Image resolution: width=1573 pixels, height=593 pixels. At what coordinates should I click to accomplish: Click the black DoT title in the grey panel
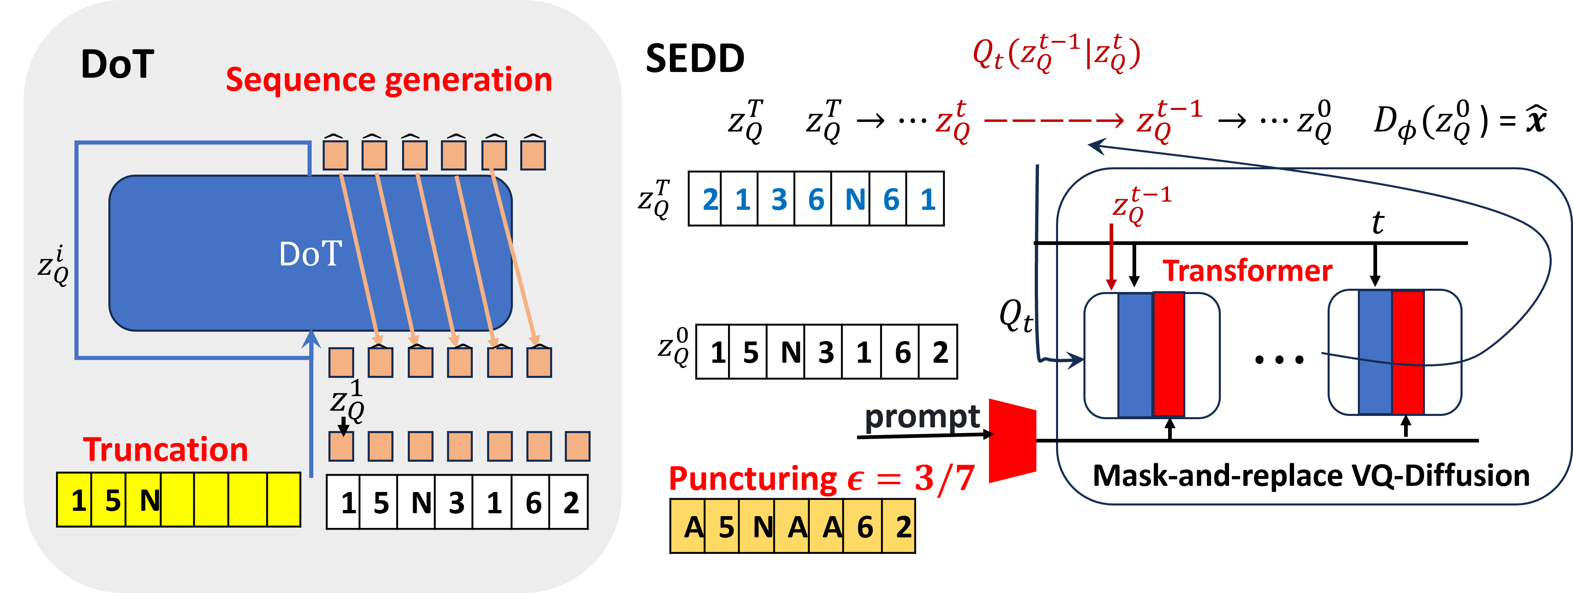click(117, 64)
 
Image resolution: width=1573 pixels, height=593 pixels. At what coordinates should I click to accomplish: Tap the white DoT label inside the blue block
click(310, 254)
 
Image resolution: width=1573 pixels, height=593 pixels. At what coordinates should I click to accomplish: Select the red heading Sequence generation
click(389, 80)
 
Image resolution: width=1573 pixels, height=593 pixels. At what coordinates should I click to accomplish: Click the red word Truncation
click(166, 450)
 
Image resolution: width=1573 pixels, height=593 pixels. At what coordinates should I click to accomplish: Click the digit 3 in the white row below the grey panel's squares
click(456, 503)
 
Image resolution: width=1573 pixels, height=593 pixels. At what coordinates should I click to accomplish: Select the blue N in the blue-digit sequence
click(854, 200)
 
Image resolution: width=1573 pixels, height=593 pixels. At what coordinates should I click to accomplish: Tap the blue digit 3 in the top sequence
click(779, 200)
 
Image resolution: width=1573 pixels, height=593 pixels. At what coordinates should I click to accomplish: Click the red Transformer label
click(1247, 271)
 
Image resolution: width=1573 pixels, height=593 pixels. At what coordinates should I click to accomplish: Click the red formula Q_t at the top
click(1056, 54)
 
